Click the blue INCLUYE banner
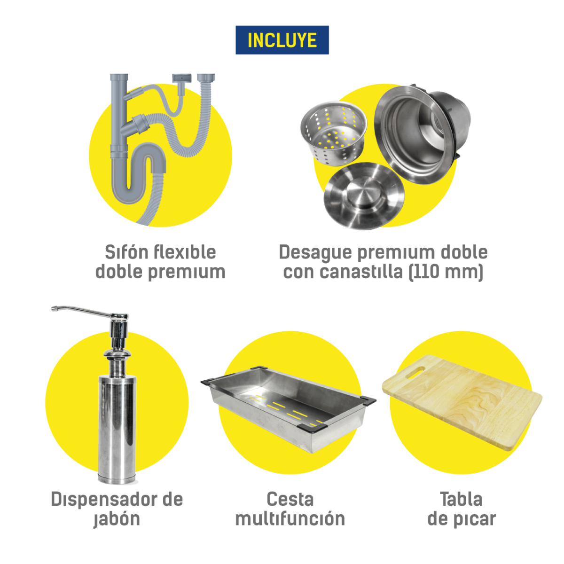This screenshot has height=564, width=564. (282, 40)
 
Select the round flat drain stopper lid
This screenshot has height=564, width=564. (364, 195)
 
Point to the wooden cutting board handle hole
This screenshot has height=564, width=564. (415, 373)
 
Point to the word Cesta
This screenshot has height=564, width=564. (290, 499)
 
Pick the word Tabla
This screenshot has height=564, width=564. (461, 499)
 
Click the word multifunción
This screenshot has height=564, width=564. (290, 519)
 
